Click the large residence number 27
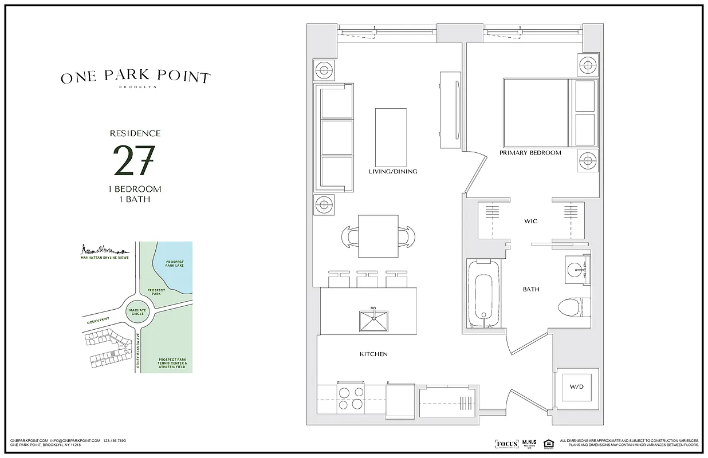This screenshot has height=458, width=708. [x=134, y=160]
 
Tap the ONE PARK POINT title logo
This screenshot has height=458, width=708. [x=136, y=78]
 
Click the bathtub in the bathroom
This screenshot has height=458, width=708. [x=483, y=294]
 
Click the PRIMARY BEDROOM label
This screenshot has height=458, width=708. [x=530, y=153]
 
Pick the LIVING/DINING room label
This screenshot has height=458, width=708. [x=392, y=172]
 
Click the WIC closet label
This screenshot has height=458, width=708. [x=530, y=221]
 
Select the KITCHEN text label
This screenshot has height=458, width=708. [x=373, y=354]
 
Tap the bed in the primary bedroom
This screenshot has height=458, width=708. [x=550, y=113]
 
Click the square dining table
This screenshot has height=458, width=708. [x=378, y=236]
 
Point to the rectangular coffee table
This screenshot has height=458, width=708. [x=391, y=136]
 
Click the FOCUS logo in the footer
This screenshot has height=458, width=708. [x=506, y=444]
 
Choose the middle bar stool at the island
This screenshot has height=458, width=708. [x=369, y=279]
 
